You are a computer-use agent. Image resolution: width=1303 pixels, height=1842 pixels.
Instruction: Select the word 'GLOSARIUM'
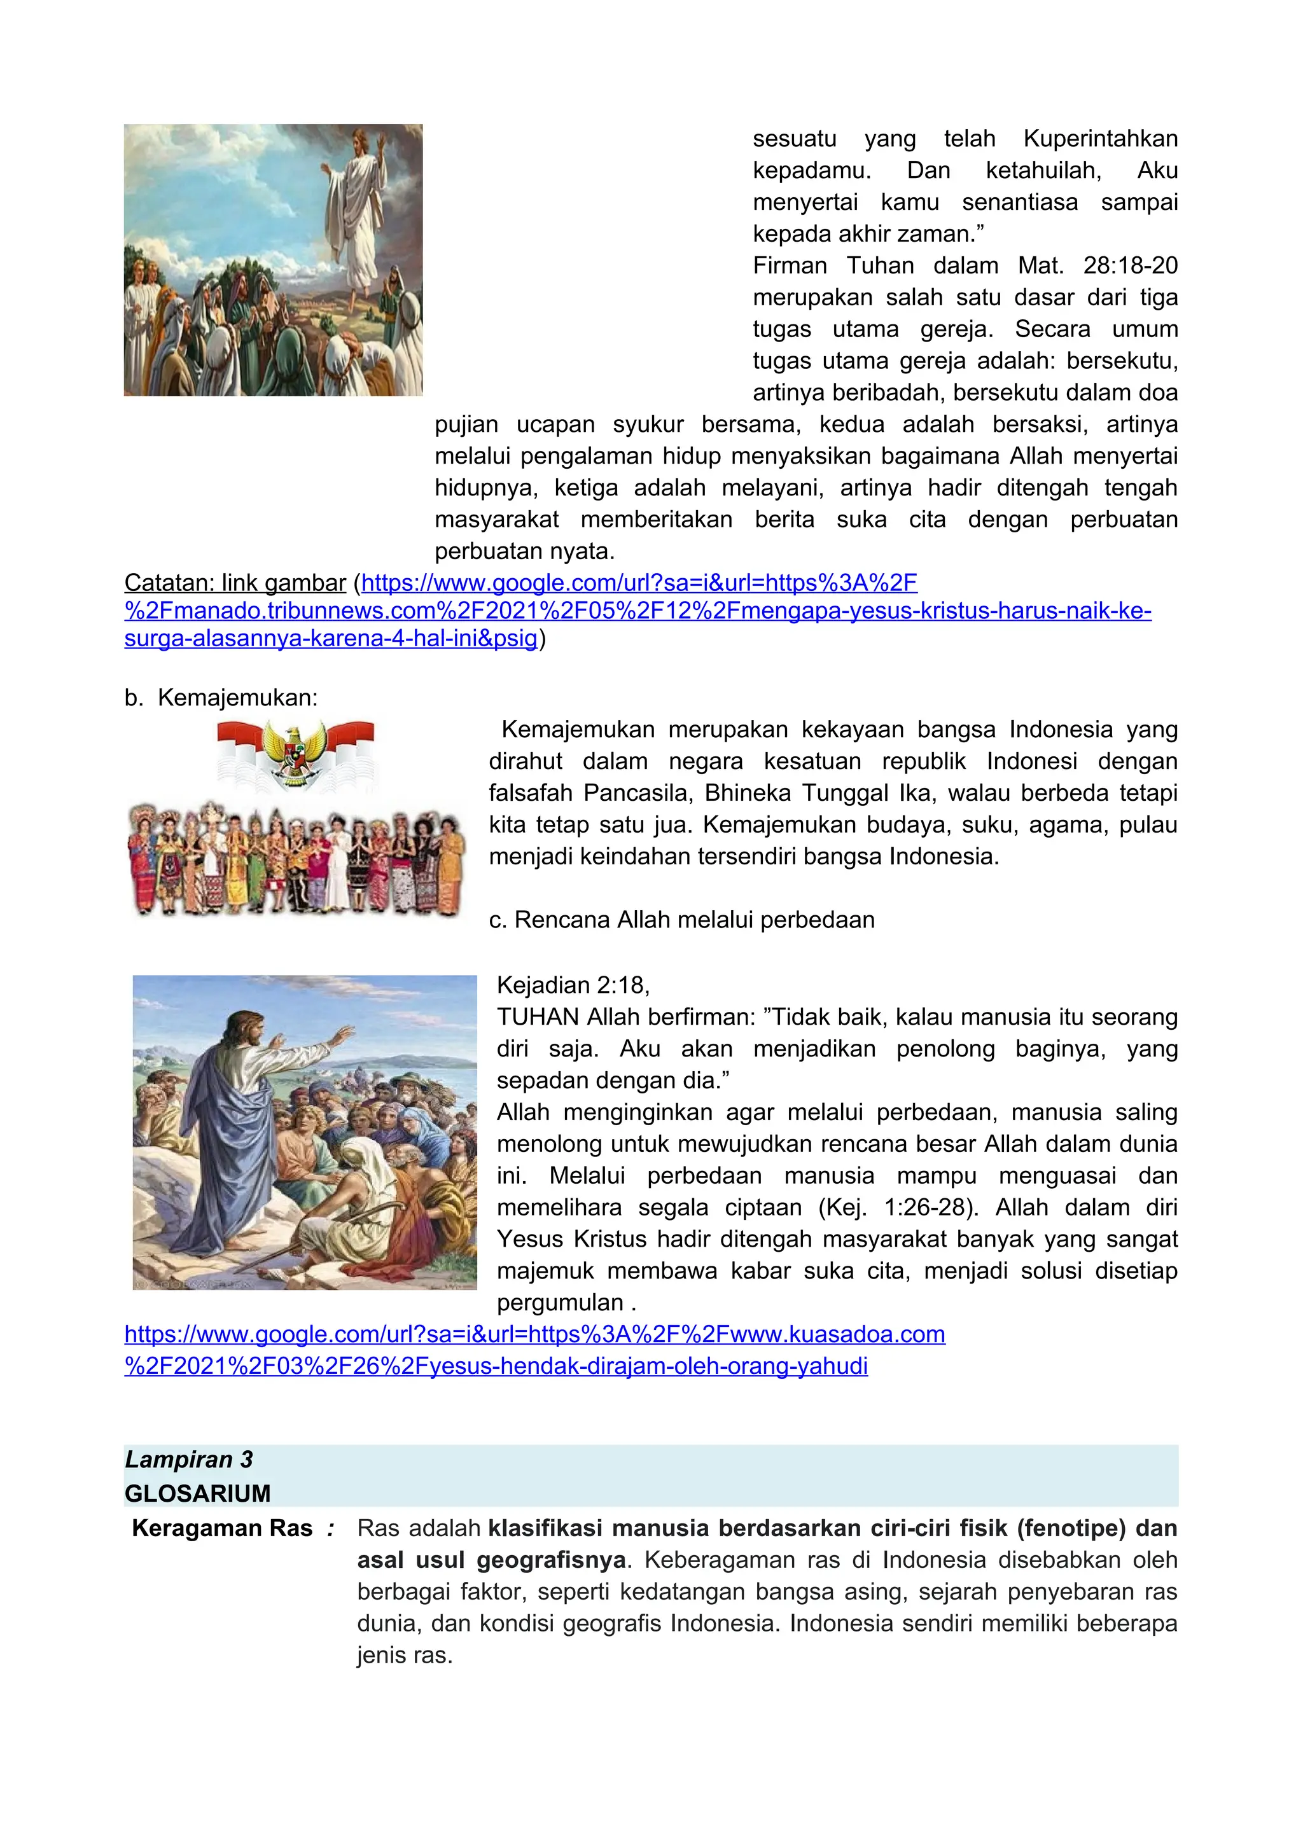tap(197, 1493)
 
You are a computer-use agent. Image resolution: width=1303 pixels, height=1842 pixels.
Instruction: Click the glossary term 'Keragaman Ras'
tap(221, 1528)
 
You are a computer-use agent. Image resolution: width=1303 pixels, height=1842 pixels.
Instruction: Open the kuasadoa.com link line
tap(534, 1334)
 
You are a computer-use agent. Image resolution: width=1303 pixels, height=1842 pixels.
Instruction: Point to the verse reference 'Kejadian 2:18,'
tap(573, 985)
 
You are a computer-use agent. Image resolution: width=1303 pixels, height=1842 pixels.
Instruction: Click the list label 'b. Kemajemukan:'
tap(221, 698)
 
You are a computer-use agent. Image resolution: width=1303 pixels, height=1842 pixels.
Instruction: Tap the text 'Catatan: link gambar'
tap(235, 583)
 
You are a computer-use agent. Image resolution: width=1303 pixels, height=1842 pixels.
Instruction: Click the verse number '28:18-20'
tap(1130, 265)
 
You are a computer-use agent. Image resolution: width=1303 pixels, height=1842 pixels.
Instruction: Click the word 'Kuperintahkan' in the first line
tap(1100, 139)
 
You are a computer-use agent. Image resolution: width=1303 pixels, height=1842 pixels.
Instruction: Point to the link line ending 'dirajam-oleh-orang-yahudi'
tap(496, 1366)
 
